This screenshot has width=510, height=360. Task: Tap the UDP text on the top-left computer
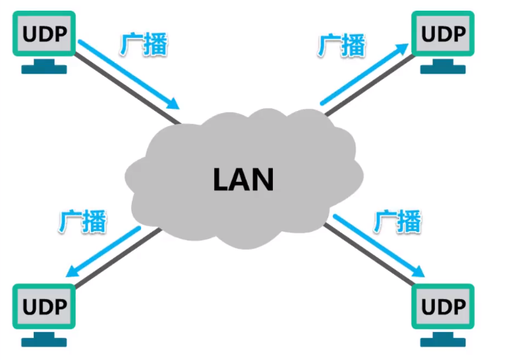[43, 34]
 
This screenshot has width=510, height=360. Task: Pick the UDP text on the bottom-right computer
[442, 306]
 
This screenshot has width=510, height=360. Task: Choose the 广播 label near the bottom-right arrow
[397, 221]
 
